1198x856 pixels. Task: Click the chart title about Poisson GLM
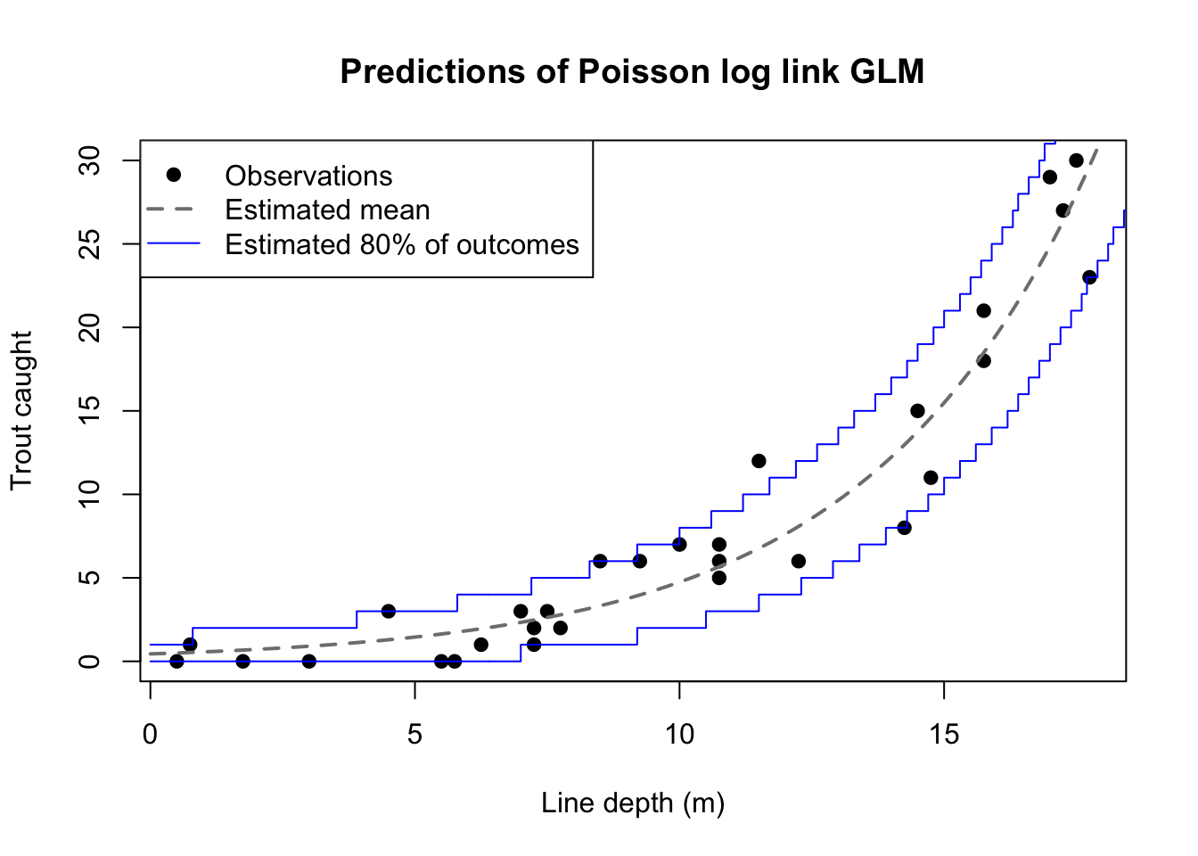coord(632,71)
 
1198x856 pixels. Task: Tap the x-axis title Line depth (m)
coord(633,803)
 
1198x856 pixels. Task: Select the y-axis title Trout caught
coord(21,410)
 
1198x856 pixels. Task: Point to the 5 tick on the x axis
coord(414,735)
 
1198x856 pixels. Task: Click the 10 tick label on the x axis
coord(679,735)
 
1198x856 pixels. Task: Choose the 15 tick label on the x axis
coord(944,735)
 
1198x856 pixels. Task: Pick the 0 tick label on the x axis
coord(150,735)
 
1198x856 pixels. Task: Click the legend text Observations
coord(308,176)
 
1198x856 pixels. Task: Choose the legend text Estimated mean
coord(327,210)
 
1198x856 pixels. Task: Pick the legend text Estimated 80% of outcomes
coord(402,245)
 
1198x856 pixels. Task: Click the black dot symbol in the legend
coord(174,175)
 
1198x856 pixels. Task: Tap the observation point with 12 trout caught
coord(759,461)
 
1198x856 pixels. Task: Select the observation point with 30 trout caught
coord(1076,160)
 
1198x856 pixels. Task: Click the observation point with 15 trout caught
coord(917,411)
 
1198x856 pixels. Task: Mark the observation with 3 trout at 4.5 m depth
coord(388,611)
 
